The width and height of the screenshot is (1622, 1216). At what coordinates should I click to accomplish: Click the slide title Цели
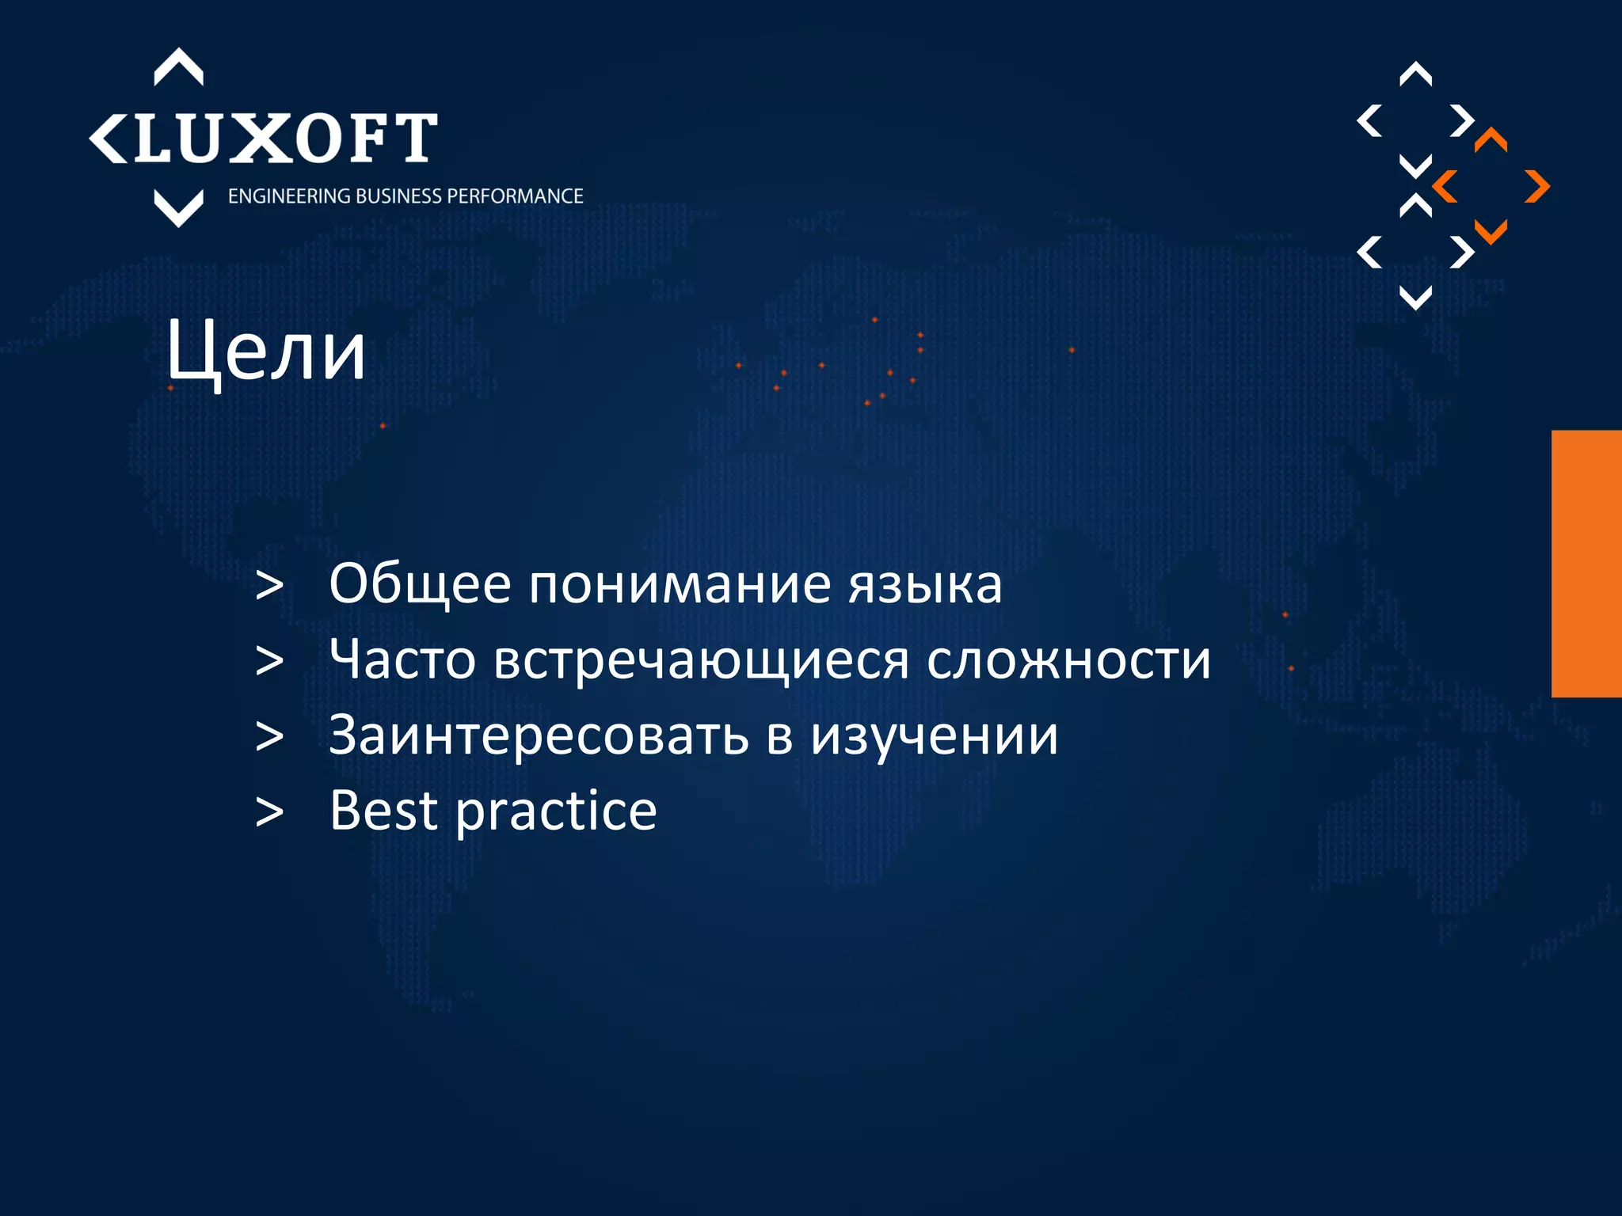(266, 351)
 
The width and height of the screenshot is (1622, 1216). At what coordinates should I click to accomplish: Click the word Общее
(420, 584)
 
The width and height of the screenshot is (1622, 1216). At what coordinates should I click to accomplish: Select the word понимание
(680, 584)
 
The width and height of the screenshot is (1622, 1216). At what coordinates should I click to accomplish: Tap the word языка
(925, 584)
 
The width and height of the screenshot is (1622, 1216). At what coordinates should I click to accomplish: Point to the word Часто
(402, 659)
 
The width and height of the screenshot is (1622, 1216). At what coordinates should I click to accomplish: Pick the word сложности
(1068, 659)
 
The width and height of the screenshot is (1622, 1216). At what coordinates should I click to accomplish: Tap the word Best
(383, 811)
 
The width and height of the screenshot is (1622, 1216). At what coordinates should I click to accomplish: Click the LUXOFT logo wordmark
(285, 139)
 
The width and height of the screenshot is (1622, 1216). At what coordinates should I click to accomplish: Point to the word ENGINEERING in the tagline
(290, 196)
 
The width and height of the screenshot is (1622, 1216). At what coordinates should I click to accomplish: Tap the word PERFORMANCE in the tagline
(516, 196)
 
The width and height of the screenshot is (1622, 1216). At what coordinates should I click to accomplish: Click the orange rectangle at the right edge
(1586, 563)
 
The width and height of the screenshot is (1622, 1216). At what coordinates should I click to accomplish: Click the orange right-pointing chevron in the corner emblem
(1537, 187)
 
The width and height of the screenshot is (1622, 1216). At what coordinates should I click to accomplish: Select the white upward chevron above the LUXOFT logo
(178, 67)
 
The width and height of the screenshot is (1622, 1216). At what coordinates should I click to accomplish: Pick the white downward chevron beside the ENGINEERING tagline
(178, 208)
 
